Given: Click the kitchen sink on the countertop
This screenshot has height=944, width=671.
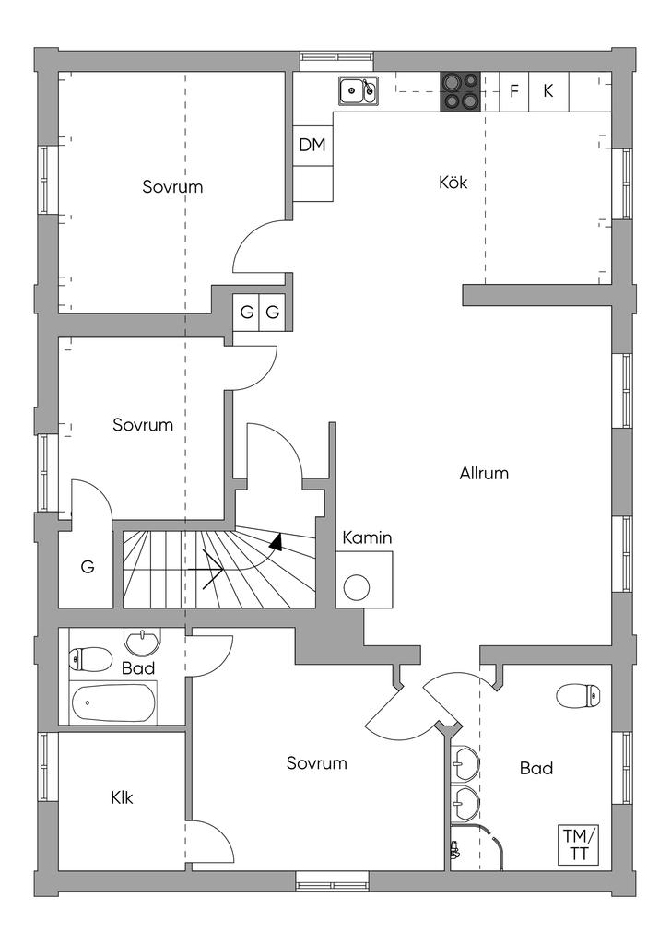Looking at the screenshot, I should click(359, 91).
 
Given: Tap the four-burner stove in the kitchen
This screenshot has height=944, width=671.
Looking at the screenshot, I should click(461, 91).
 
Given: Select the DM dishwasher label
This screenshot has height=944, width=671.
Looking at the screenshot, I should click(312, 145).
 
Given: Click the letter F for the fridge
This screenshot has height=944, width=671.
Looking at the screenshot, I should click(514, 91).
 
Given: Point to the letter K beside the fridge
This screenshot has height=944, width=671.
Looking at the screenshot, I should click(547, 91).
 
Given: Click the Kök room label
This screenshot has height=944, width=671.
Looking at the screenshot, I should click(453, 183).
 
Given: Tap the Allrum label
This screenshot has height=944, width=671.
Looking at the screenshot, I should click(484, 474).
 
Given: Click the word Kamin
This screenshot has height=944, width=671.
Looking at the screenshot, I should click(368, 537).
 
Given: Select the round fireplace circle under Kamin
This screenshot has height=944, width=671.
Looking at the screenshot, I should click(357, 586).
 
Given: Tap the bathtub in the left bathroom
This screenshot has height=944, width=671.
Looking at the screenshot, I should click(113, 703).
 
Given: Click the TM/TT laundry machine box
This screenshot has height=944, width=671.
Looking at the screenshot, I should click(579, 844).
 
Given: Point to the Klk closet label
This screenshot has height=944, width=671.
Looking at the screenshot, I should click(122, 797).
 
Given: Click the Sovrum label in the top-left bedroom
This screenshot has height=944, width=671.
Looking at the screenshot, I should click(172, 187).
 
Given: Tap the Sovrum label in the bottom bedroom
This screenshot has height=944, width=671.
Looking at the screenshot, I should click(316, 763).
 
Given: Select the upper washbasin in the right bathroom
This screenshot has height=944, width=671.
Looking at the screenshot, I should click(465, 762).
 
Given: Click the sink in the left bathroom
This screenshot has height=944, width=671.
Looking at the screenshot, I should click(141, 642).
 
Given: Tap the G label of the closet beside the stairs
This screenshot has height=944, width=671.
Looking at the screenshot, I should click(88, 567).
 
